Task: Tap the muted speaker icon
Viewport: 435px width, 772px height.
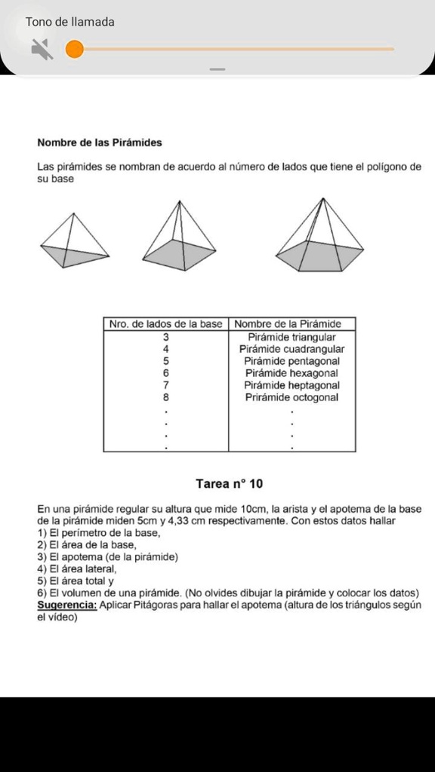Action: (x=42, y=50)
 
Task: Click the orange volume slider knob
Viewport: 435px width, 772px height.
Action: (x=74, y=50)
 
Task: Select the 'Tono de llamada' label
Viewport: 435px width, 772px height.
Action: (x=70, y=22)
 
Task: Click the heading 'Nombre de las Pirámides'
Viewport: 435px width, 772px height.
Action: (x=100, y=142)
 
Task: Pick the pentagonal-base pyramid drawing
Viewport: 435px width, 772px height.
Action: (x=319, y=236)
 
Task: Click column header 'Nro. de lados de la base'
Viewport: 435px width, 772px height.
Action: (x=166, y=324)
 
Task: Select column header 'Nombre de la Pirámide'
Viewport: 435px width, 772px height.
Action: (x=292, y=324)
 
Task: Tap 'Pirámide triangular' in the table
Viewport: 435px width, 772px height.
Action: (x=292, y=337)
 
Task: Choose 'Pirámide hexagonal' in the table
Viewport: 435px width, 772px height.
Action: (x=292, y=373)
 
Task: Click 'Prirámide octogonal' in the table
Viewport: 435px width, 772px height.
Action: (x=292, y=397)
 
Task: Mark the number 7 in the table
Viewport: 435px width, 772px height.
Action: (x=166, y=385)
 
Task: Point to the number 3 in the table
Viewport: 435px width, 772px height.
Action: (x=166, y=337)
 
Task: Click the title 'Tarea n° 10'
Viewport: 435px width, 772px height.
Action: (x=229, y=483)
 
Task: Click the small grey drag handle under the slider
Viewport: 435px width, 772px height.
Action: (x=217, y=69)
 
